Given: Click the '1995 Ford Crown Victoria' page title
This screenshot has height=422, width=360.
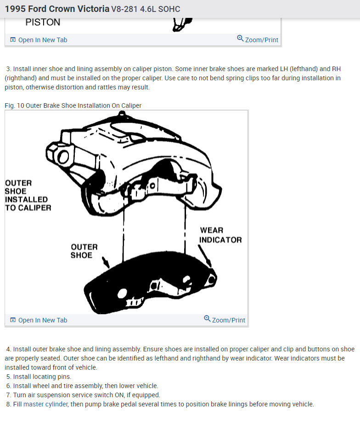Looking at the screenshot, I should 57,9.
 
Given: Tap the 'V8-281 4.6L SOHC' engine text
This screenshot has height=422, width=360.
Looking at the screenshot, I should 146,9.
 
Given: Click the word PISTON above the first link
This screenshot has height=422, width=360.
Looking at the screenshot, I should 43,22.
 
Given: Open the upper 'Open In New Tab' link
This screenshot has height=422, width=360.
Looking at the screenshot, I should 42,40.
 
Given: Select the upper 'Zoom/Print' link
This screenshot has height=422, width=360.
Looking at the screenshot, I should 261,40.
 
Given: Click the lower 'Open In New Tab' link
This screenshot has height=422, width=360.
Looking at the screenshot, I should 42,320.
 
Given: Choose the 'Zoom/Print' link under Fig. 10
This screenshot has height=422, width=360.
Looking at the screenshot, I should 228,320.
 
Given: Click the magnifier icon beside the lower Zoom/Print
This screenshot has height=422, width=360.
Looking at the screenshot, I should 207,319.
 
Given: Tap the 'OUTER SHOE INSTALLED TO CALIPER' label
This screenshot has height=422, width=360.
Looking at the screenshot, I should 28,195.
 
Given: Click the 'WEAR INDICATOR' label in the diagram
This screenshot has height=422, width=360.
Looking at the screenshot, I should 220,235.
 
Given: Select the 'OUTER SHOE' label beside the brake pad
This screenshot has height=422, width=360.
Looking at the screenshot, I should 84,251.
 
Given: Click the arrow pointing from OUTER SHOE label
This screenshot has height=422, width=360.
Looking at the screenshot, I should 106,263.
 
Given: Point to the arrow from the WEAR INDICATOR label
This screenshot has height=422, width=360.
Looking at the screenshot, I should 205,256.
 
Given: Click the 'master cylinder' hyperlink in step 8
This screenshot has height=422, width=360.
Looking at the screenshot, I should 45,404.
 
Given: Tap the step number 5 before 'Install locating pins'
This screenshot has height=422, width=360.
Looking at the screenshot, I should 9,377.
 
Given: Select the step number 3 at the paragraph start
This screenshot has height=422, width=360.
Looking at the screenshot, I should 9,69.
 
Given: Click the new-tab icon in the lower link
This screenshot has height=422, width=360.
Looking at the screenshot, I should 13,320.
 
